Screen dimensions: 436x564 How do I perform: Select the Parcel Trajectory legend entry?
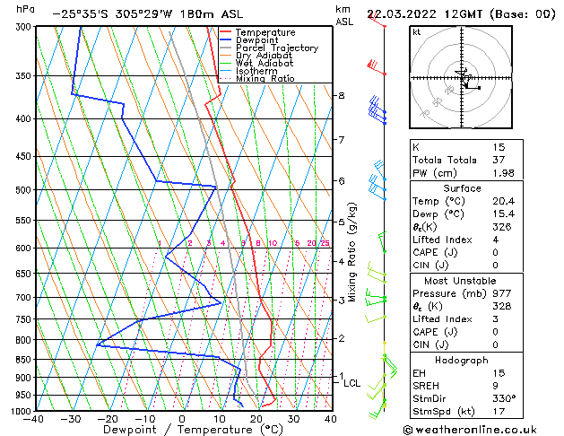(276, 48)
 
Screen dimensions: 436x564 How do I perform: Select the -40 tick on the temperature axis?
(34, 419)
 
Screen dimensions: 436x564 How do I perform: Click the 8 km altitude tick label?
(341, 95)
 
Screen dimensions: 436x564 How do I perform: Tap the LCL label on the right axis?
(352, 383)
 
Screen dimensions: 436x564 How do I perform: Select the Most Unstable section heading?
(456, 280)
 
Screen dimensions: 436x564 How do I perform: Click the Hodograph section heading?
(456, 360)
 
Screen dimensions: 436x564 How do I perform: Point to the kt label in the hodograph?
(417, 32)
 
